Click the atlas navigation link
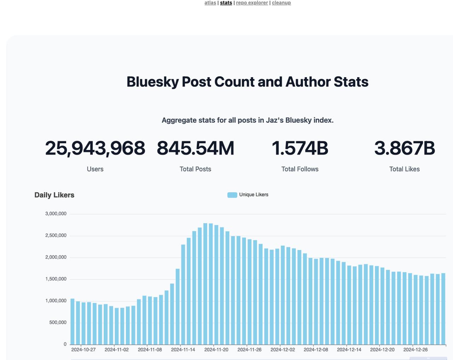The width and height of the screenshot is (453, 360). tap(210, 3)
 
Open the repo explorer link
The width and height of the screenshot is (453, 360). tap(252, 3)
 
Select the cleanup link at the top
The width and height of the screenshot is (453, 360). tap(281, 3)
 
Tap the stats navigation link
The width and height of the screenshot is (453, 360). tap(226, 3)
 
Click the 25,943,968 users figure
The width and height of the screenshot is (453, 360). tap(95, 148)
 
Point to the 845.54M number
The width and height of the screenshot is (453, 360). tap(195, 148)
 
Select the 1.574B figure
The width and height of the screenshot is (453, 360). tap(300, 148)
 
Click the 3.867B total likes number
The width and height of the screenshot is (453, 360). tap(405, 148)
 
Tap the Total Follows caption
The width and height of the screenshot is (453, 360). tap(300, 169)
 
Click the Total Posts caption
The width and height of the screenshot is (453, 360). tap(195, 169)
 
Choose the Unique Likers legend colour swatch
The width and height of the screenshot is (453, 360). tap(232, 195)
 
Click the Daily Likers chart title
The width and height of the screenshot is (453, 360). tap(55, 195)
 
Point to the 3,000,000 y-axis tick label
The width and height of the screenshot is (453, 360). tap(56, 214)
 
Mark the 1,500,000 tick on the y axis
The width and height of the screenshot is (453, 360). tap(56, 279)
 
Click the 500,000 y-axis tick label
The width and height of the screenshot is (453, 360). tap(58, 323)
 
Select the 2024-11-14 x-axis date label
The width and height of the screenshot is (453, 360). tap(183, 350)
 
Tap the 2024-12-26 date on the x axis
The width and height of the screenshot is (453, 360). tap(415, 350)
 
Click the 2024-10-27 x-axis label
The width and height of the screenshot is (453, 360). tap(84, 350)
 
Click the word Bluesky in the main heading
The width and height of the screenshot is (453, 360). tap(153, 82)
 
